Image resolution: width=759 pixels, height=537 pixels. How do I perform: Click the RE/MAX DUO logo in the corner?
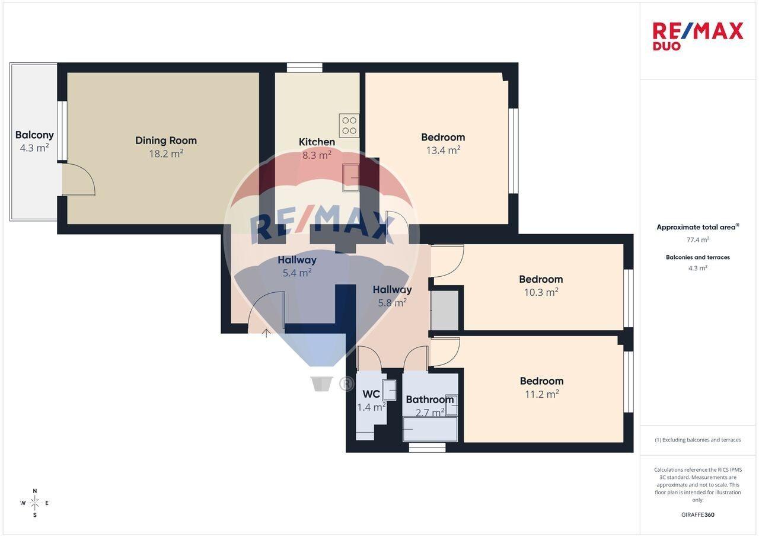point(698,36)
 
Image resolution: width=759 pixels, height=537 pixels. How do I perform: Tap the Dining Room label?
point(166,140)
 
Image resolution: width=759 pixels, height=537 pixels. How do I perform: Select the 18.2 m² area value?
point(167,154)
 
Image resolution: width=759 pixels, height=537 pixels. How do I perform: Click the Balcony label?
point(34,135)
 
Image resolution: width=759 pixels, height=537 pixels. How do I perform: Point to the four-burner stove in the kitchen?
point(349,125)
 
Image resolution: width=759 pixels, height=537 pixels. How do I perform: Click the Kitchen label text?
point(317,142)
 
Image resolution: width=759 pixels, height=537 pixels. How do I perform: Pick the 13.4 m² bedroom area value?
point(443,150)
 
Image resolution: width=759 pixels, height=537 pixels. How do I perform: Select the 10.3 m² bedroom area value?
point(541,292)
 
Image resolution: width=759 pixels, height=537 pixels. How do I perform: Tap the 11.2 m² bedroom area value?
point(542,394)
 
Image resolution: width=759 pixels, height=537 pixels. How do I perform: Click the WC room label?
point(371,394)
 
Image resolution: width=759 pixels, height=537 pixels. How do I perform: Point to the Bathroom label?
point(430,399)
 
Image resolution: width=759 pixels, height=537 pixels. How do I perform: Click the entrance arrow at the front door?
point(266,333)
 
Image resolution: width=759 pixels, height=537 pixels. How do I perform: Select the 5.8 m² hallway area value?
point(393,302)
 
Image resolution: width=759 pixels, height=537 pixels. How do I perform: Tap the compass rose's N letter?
point(35,491)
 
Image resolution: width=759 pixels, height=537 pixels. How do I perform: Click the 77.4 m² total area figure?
point(698,239)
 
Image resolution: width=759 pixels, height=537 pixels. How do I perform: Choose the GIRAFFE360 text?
point(698,514)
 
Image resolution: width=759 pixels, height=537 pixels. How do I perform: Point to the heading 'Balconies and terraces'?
point(698,257)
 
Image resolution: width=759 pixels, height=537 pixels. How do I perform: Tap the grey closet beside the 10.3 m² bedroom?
point(445,310)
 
